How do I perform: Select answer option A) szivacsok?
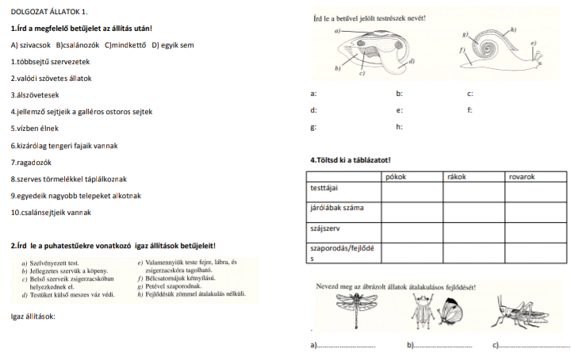tap(30, 44)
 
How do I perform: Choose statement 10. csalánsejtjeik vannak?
tap(51, 213)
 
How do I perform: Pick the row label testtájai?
tap(325, 188)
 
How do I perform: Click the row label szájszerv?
tap(326, 228)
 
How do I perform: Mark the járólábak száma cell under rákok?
tap(473, 211)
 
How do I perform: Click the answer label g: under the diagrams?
tap(314, 126)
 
